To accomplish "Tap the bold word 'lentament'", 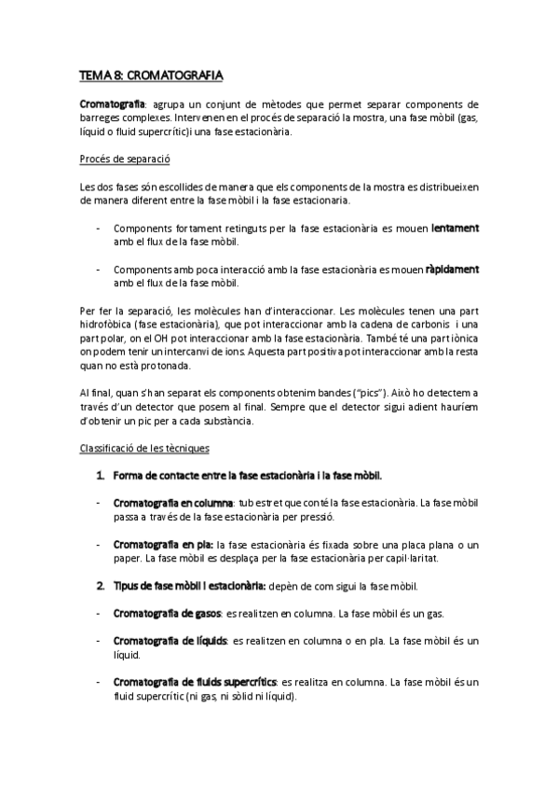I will pyautogui.click(x=455, y=228).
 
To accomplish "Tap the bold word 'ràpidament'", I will pyautogui.click(x=452, y=270).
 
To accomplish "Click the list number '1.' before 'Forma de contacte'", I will pyautogui.click(x=101, y=476).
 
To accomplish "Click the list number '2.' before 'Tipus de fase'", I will pyautogui.click(x=101, y=586).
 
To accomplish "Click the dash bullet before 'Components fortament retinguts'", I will pyautogui.click(x=99, y=229).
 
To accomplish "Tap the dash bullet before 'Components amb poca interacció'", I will pyautogui.click(x=99, y=271).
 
